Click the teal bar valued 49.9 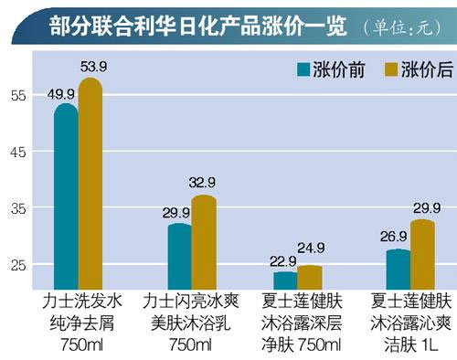tap(66, 201)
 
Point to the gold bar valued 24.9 tap(310, 277)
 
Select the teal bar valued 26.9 tap(398, 270)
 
